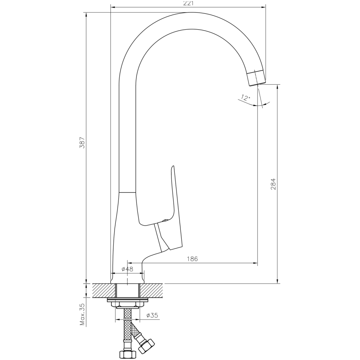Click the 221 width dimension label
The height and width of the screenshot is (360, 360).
(x=188, y=3)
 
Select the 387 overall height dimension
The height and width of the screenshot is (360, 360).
(x=82, y=143)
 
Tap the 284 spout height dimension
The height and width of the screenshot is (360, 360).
(x=273, y=184)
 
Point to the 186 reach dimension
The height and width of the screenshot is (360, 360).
(x=192, y=259)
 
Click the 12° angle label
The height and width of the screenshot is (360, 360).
(x=245, y=98)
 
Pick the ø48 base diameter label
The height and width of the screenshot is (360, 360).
(x=127, y=269)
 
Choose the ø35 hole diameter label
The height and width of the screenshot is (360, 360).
(x=152, y=315)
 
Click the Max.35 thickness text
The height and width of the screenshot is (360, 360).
(x=82, y=315)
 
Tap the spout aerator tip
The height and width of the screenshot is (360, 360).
(x=257, y=78)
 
